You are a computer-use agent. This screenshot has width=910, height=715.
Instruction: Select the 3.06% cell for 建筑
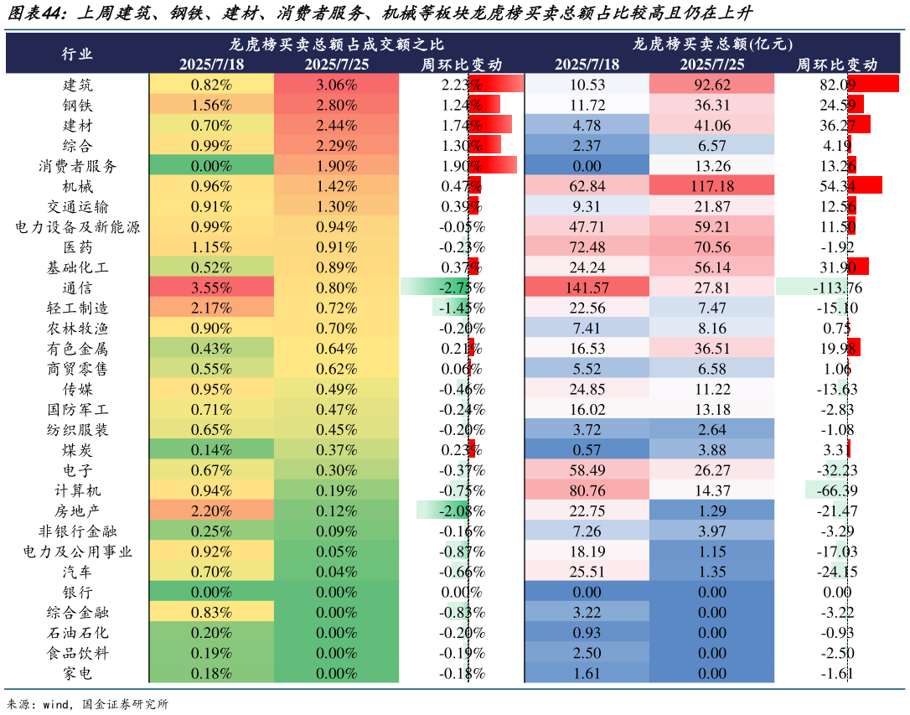(336, 85)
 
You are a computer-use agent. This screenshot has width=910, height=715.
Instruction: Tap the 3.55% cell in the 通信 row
(211, 288)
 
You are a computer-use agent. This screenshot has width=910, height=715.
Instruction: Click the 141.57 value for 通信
(587, 288)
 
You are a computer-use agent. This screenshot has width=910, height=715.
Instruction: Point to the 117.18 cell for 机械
(712, 186)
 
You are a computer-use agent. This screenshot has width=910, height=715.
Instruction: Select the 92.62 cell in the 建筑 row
(712, 85)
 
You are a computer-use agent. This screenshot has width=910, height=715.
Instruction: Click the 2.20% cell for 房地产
(211, 511)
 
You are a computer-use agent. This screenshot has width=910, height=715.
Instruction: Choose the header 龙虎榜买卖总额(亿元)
(712, 44)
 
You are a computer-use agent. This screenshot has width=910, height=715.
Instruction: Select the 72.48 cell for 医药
(587, 247)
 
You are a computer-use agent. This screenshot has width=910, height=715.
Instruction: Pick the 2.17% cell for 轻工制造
(211, 308)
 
